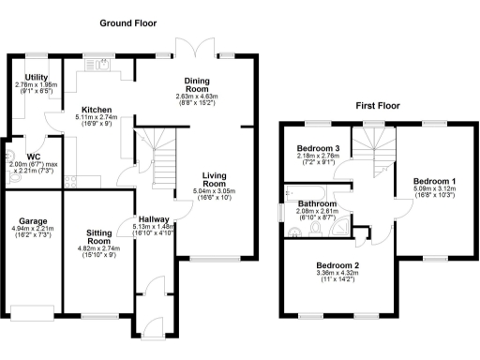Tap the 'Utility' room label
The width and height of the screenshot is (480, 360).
click(x=37, y=77)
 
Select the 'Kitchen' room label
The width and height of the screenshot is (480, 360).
click(x=97, y=109)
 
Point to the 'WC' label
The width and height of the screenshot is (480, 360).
click(x=32, y=157)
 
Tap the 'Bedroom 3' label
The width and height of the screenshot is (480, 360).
click(x=319, y=148)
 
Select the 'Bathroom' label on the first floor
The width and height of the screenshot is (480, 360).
click(x=319, y=203)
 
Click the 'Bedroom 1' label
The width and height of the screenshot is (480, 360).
click(x=435, y=180)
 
